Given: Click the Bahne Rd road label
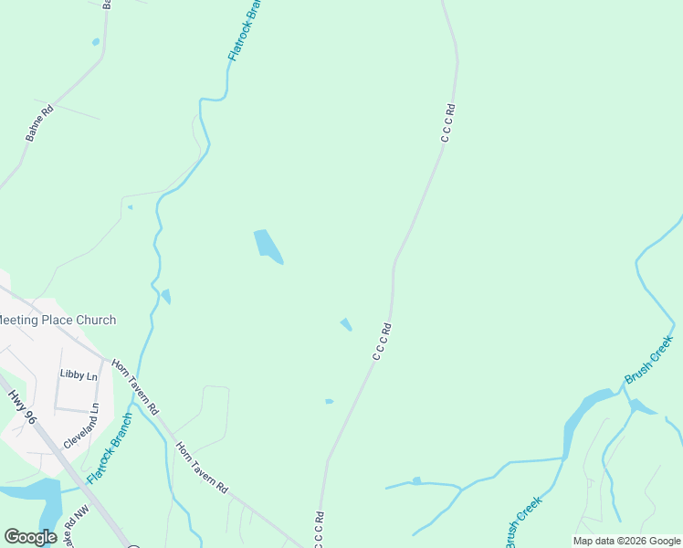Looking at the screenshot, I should [37, 123].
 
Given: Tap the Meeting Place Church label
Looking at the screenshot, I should [58, 320].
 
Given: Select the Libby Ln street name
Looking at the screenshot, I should [79, 374].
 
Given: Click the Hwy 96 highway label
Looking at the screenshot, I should [22, 406].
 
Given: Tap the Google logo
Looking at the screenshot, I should [30, 537].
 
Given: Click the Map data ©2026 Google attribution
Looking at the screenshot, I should [626, 541].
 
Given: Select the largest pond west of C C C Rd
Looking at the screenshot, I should [267, 245].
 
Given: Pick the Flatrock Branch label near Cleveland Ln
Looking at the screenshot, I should [110, 448].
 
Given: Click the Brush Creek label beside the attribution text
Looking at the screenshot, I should [523, 522].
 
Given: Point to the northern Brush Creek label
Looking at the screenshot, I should [649, 359].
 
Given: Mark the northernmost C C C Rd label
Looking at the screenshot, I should [447, 122].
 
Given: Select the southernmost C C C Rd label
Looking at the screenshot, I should [320, 529].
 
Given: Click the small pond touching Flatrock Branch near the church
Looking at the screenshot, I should [166, 296].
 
